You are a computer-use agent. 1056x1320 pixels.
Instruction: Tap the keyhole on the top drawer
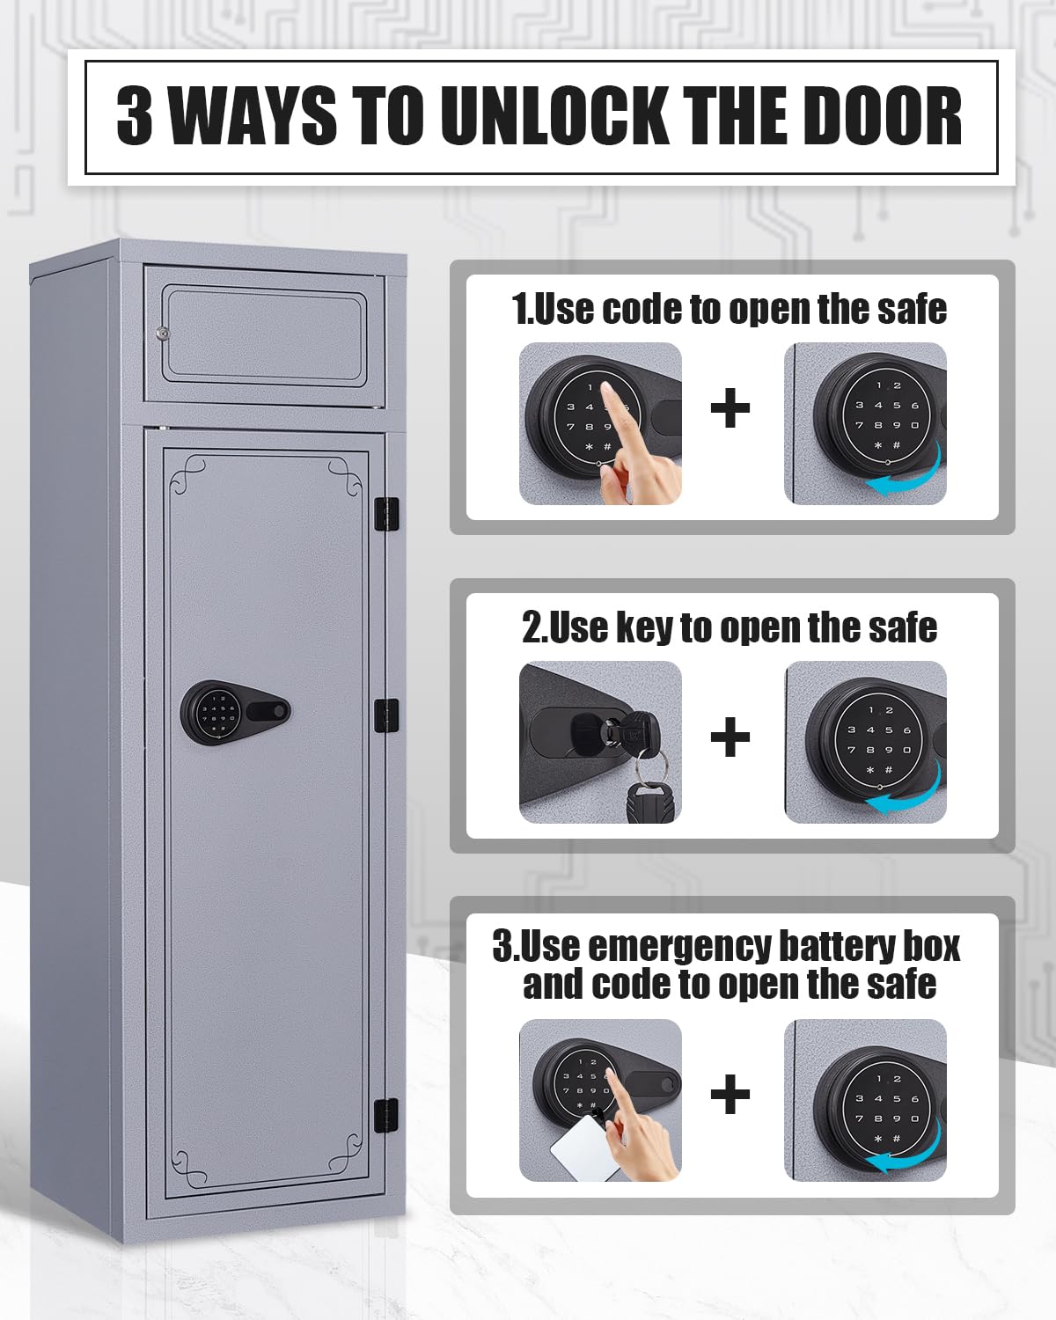click(x=163, y=334)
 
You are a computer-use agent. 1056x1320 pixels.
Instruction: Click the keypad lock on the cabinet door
click(x=235, y=712)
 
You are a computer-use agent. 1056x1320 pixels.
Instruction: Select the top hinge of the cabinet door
click(x=386, y=514)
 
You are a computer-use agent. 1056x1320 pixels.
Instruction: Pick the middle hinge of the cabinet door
click(x=386, y=715)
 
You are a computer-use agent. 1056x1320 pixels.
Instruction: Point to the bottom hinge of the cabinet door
click(x=386, y=1116)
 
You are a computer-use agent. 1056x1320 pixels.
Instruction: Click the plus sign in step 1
click(x=730, y=408)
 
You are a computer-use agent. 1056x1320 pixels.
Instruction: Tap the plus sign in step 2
click(x=730, y=737)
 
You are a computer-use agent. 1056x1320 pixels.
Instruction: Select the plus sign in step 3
click(x=730, y=1094)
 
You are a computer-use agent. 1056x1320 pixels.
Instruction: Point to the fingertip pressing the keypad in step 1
click(x=607, y=389)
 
